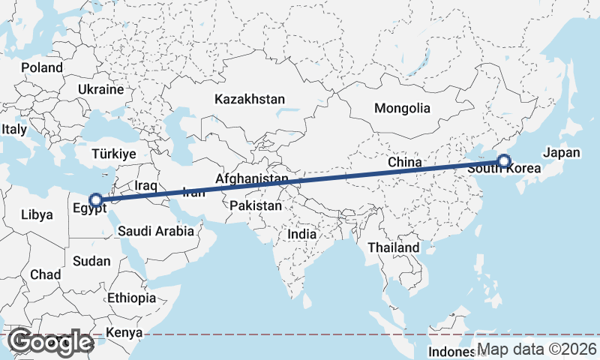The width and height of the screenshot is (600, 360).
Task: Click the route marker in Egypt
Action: (x=95, y=200)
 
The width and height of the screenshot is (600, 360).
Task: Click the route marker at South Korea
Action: (x=503, y=160)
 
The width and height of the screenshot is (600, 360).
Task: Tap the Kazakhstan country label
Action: (x=250, y=99)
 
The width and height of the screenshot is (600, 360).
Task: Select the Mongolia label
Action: (x=402, y=108)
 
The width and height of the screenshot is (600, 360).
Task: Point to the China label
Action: (x=404, y=162)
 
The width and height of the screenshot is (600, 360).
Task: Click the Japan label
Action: (x=562, y=152)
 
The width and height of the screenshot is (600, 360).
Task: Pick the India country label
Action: (x=302, y=234)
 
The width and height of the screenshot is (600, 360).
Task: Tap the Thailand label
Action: (x=393, y=247)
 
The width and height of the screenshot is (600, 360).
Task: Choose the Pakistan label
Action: (x=256, y=205)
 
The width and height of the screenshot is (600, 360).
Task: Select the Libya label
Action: (x=37, y=214)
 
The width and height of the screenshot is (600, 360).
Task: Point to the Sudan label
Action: (x=91, y=261)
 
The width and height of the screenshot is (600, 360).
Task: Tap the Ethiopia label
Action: (x=131, y=298)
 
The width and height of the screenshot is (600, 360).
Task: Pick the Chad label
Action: (x=46, y=274)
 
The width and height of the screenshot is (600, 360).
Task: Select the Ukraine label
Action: (x=100, y=89)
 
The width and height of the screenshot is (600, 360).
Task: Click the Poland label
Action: (x=42, y=67)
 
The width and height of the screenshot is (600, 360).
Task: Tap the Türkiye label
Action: (x=113, y=154)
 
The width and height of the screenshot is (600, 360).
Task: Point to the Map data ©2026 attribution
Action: (x=536, y=349)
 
